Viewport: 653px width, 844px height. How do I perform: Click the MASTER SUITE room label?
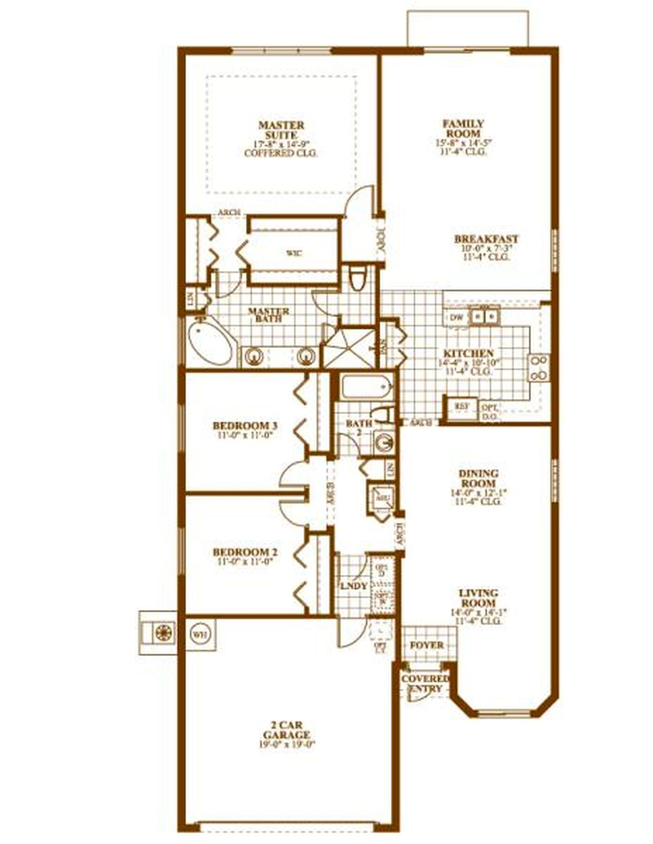click(x=281, y=130)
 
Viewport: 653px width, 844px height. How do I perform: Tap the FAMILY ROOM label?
click(x=463, y=128)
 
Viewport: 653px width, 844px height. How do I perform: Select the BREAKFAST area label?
click(x=486, y=239)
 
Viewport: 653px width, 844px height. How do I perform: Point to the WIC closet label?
click(x=294, y=254)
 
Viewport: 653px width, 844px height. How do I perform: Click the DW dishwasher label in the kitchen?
click(x=456, y=317)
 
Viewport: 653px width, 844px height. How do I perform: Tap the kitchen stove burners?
click(x=539, y=368)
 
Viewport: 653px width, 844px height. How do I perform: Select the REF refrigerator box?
click(x=461, y=406)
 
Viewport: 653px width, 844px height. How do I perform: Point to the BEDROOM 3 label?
click(x=245, y=426)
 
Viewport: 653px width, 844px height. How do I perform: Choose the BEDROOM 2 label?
click(x=245, y=552)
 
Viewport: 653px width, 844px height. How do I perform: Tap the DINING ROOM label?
click(x=478, y=479)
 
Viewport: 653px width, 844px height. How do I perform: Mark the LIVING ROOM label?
click(x=478, y=598)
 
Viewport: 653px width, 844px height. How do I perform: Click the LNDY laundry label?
click(x=354, y=587)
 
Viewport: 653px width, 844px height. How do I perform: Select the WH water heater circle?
click(x=201, y=634)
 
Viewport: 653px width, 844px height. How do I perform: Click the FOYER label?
click(x=426, y=645)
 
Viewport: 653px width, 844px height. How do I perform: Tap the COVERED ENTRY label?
click(x=425, y=684)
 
